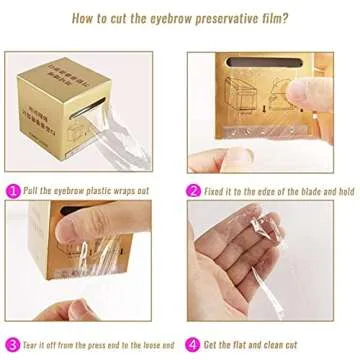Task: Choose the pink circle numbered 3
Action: point(12,343)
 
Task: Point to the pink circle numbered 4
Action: point(193,343)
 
